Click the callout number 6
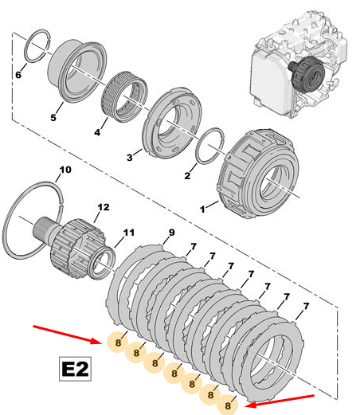pyautogui.click(x=18, y=75)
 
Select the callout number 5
pyautogui.click(x=53, y=117)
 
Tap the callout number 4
pyautogui.click(x=97, y=132)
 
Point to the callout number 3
pyautogui.click(x=130, y=158)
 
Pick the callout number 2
pyautogui.click(x=187, y=175)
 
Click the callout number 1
pyautogui.click(x=202, y=209)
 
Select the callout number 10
pyautogui.click(x=65, y=170)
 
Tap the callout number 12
pyautogui.click(x=104, y=207)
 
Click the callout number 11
pyautogui.click(x=129, y=233)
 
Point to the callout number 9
pyautogui.click(x=172, y=233)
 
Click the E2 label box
pyautogui.click(x=75, y=369)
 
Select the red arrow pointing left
pyautogui.click(x=280, y=401)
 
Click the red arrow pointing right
pyautogui.click(x=68, y=335)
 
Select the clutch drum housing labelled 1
pyautogui.click(x=259, y=174)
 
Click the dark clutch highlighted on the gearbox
pyautogui.click(x=308, y=74)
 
